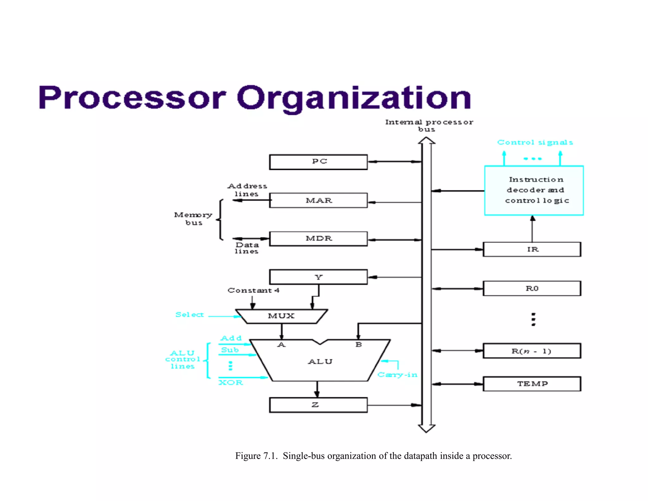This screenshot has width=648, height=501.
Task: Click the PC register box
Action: pos(318,162)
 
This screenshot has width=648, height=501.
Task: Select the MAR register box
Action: pos(318,200)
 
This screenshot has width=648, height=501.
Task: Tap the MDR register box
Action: pos(318,238)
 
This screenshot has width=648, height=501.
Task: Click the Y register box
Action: pos(318,277)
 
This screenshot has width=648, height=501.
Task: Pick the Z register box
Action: pos(318,405)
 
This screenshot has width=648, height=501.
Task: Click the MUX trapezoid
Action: pos(281,316)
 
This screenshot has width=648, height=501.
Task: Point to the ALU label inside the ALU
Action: pos(320,362)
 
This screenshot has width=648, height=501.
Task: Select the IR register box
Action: pos(532,249)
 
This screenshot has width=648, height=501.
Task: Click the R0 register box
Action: pos(532,288)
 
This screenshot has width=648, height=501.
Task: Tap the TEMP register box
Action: pos(532,384)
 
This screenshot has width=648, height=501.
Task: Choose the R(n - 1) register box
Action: pos(532,351)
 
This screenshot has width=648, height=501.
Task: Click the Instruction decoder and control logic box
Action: pos(534,190)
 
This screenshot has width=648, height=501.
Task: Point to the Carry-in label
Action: pos(397,375)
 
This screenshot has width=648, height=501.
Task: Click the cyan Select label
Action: pos(190,315)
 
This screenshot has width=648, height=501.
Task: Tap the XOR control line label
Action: pos(231,383)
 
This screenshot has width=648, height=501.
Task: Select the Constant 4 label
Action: pos(253,290)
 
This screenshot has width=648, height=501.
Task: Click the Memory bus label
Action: pos(193,219)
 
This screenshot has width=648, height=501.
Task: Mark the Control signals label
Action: pos(535,143)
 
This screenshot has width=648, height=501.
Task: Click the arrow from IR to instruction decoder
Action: pos(532,229)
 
